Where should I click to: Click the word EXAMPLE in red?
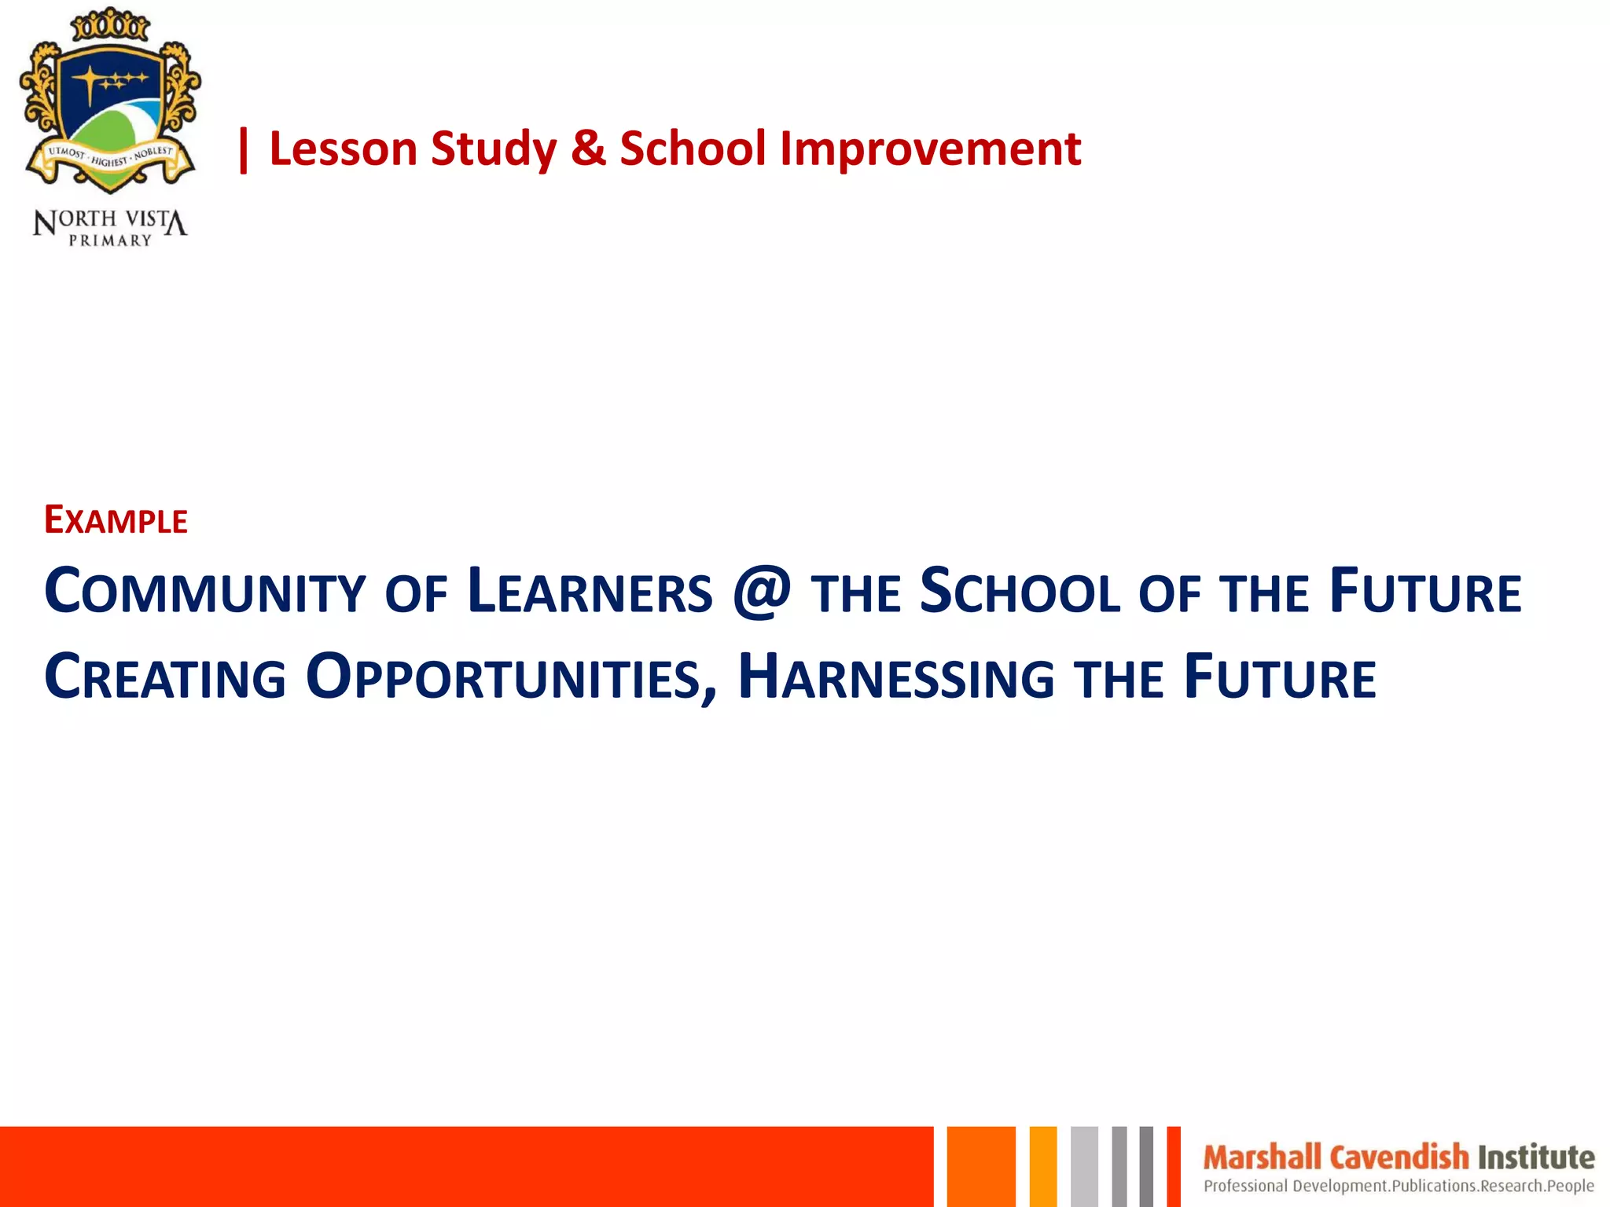tap(116, 521)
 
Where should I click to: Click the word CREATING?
tap(165, 678)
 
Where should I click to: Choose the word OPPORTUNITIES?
tap(503, 678)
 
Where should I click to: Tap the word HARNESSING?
tap(896, 678)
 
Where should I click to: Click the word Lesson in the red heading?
tap(343, 149)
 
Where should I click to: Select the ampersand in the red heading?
tap(589, 149)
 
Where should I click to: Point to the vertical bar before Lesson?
tap(244, 150)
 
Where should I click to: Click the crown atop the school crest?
tap(110, 26)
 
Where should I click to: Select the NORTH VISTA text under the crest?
tap(110, 221)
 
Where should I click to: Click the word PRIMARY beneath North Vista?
tap(110, 241)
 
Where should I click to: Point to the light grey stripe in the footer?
tap(1084, 1166)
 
